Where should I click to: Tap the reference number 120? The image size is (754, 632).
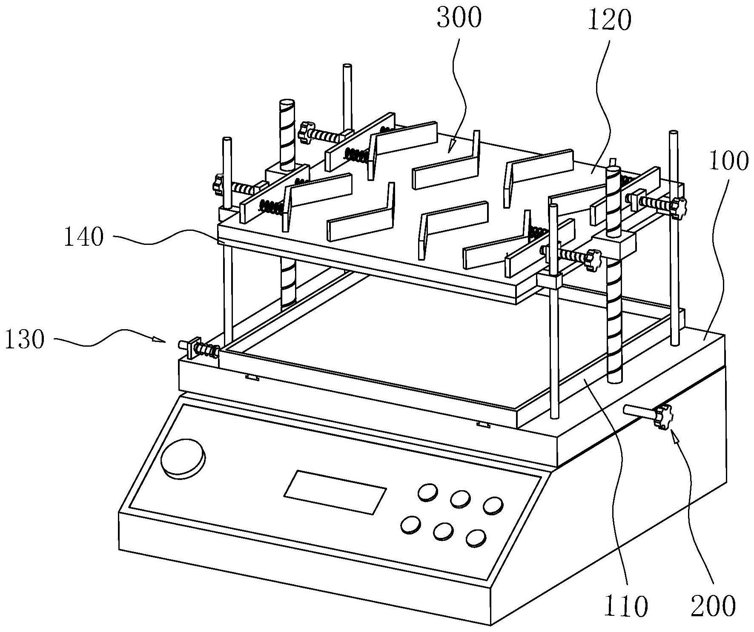[609, 20]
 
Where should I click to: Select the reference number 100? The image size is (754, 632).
[728, 162]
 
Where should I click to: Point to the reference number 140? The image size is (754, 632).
[83, 237]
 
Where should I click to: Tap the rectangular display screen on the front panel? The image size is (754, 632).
[335, 492]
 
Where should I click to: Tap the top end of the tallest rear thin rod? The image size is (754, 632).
[347, 66]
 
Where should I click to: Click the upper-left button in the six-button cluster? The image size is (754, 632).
[427, 491]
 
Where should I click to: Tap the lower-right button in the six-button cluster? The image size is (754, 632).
[476, 538]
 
